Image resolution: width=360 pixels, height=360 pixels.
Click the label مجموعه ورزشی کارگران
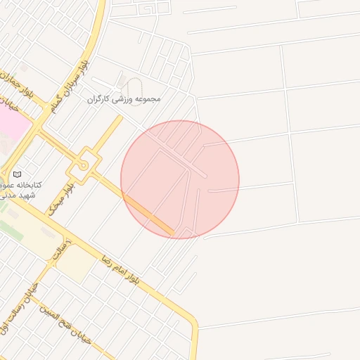click(x=124, y=99)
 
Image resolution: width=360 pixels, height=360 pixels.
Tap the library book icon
click(x=18, y=174)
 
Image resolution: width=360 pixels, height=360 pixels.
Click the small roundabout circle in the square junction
click(x=84, y=165)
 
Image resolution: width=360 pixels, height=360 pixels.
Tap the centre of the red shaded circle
click(x=180, y=179)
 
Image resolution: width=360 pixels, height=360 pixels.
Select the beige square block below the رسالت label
click(x=74, y=264)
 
